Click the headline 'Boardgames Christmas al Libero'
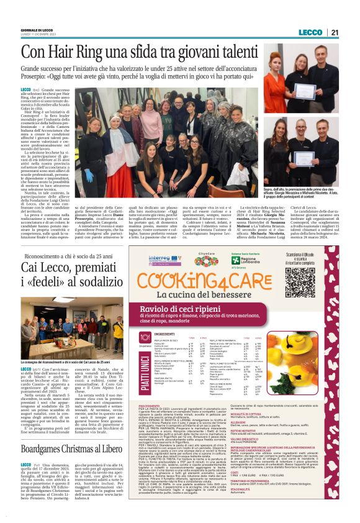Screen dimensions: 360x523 (x=73, y=448)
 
